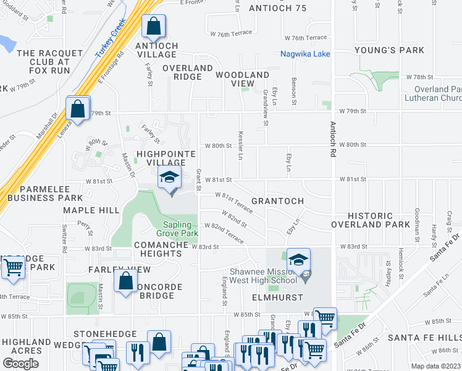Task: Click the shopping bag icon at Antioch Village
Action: pyautogui.click(x=152, y=27)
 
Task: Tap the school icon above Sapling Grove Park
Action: pyautogui.click(x=170, y=178)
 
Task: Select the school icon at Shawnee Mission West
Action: pyautogui.click(x=298, y=260)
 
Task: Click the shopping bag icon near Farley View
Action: pyautogui.click(x=125, y=281)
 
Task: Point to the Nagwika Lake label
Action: pyautogui.click(x=305, y=54)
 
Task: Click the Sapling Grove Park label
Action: pyautogui.click(x=180, y=229)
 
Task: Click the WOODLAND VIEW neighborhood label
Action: pyautogui.click(x=243, y=79)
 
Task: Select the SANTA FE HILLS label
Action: pyautogui.click(x=424, y=338)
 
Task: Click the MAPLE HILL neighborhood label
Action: pyautogui.click(x=91, y=211)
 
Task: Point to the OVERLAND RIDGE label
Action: pyautogui.click(x=188, y=72)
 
